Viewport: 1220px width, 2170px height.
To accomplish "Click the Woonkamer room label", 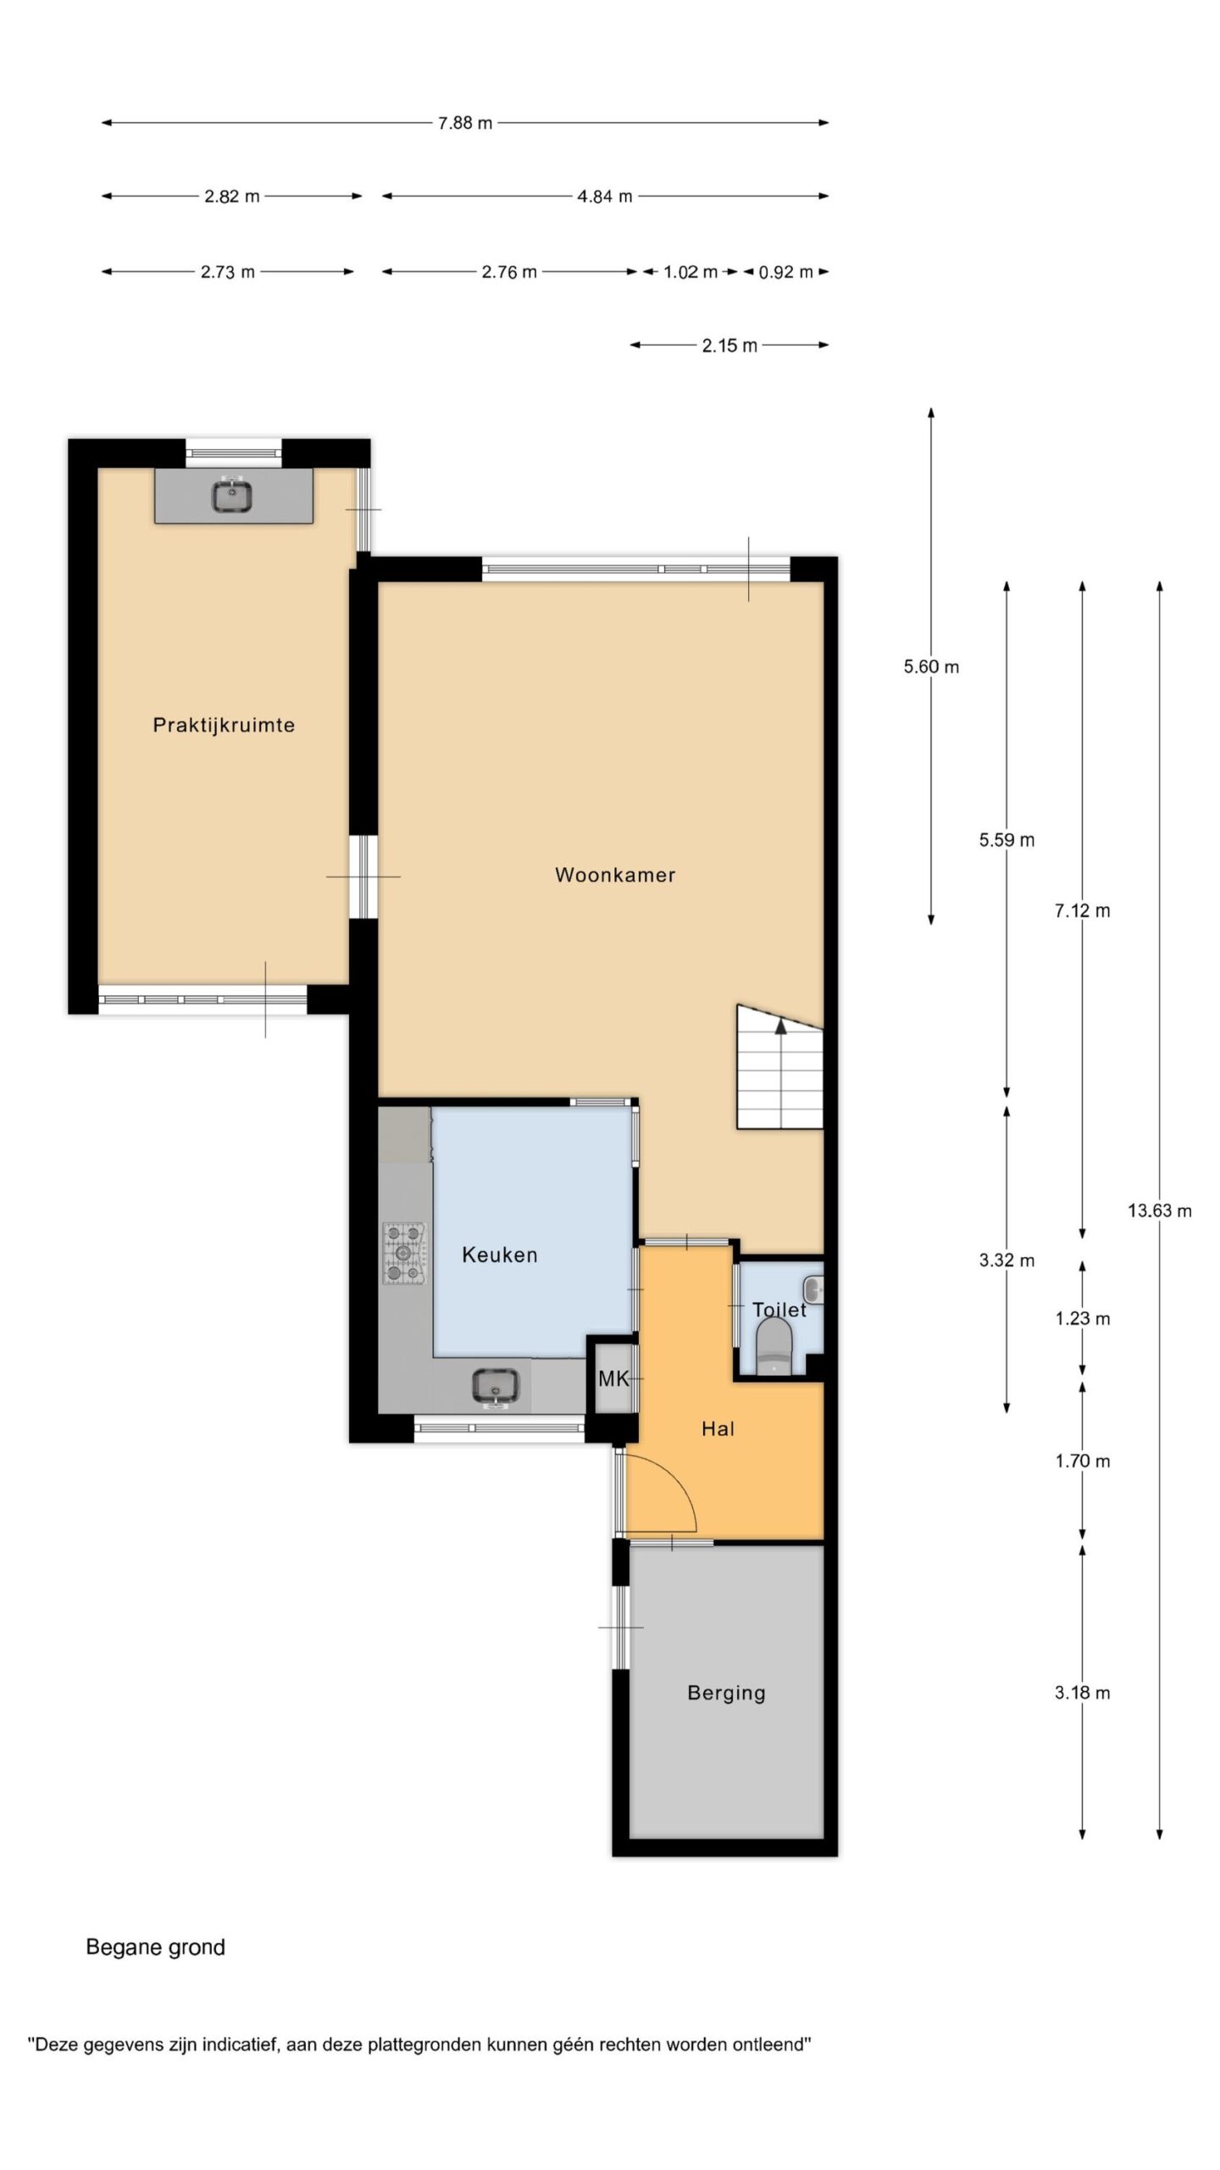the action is tap(615, 875).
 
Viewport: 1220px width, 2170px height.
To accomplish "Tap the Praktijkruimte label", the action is tap(224, 725).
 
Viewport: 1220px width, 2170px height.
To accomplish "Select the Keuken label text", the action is tap(499, 1255).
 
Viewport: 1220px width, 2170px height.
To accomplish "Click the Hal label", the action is tap(718, 1428).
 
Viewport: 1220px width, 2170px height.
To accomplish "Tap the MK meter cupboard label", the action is tap(613, 1379).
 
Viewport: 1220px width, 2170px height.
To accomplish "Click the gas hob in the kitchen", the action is tap(405, 1253).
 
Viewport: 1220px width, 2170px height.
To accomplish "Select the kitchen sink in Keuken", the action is tap(496, 1386).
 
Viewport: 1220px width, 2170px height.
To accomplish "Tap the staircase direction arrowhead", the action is tap(780, 1026).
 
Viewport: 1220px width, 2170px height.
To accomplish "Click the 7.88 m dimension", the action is tap(465, 123).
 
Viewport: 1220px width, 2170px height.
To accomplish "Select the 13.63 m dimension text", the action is tap(1159, 1210).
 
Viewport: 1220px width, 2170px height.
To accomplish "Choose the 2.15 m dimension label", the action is tap(729, 345).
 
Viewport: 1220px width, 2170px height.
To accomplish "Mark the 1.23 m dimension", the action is tap(1083, 1318).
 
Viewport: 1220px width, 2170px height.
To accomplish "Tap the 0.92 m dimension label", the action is tap(785, 272).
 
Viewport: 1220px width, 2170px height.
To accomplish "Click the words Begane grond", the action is tap(156, 1947).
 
